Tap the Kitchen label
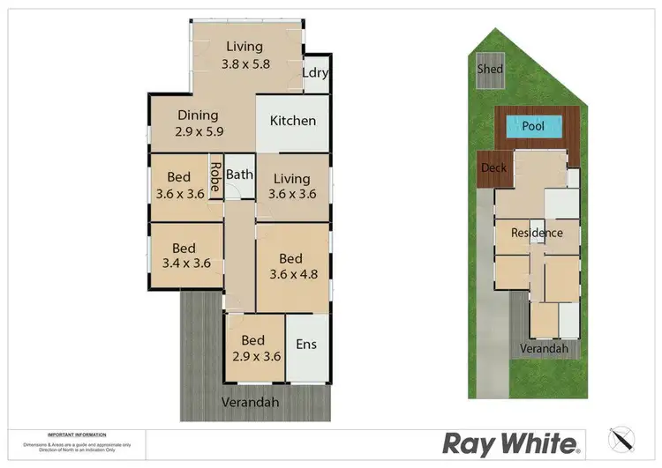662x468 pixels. click(x=293, y=121)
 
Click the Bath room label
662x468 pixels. click(x=239, y=175)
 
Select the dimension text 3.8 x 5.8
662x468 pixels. click(x=248, y=64)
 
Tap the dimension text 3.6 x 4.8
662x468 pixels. click(x=290, y=274)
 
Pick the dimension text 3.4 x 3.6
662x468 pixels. click(x=185, y=263)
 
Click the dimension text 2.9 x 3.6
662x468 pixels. click(x=252, y=356)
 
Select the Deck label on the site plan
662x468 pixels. click(x=493, y=167)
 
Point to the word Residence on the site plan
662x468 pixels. click(x=537, y=234)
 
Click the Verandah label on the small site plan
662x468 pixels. click(x=544, y=349)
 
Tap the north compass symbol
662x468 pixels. click(x=621, y=439)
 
